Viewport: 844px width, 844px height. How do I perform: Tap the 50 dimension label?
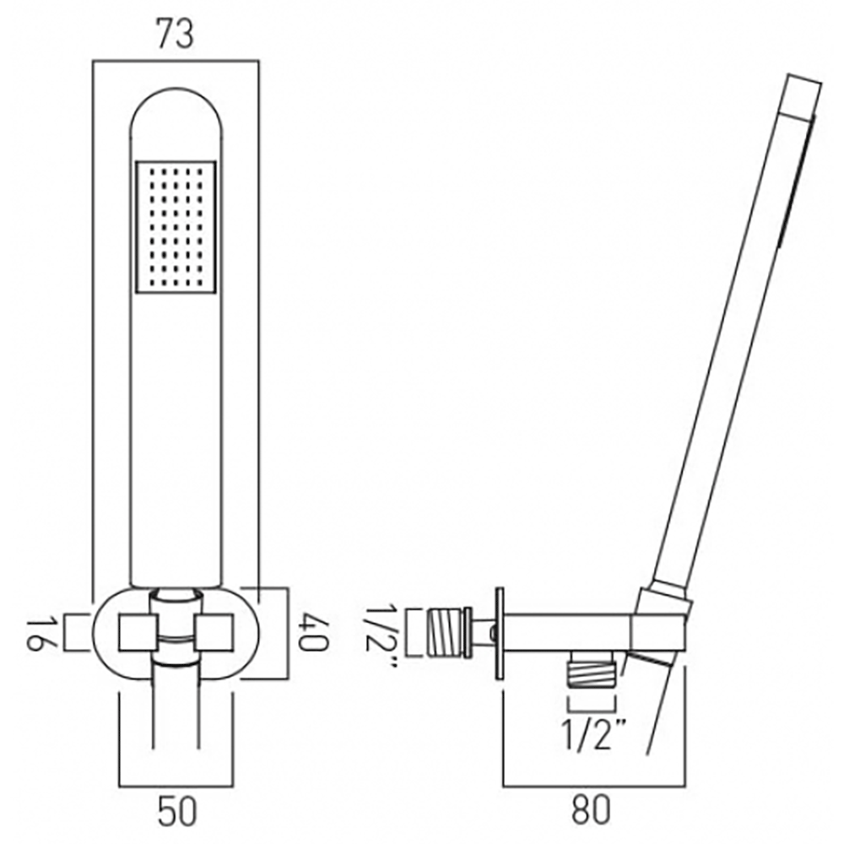tap(177, 812)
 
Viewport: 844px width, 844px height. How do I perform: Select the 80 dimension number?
tap(591, 812)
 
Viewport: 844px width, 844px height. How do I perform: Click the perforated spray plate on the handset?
tap(176, 226)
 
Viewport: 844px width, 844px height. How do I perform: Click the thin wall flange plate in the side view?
tap(500, 632)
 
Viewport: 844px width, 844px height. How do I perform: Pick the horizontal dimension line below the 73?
tap(175, 61)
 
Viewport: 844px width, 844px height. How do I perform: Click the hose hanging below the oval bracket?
tap(176, 709)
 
